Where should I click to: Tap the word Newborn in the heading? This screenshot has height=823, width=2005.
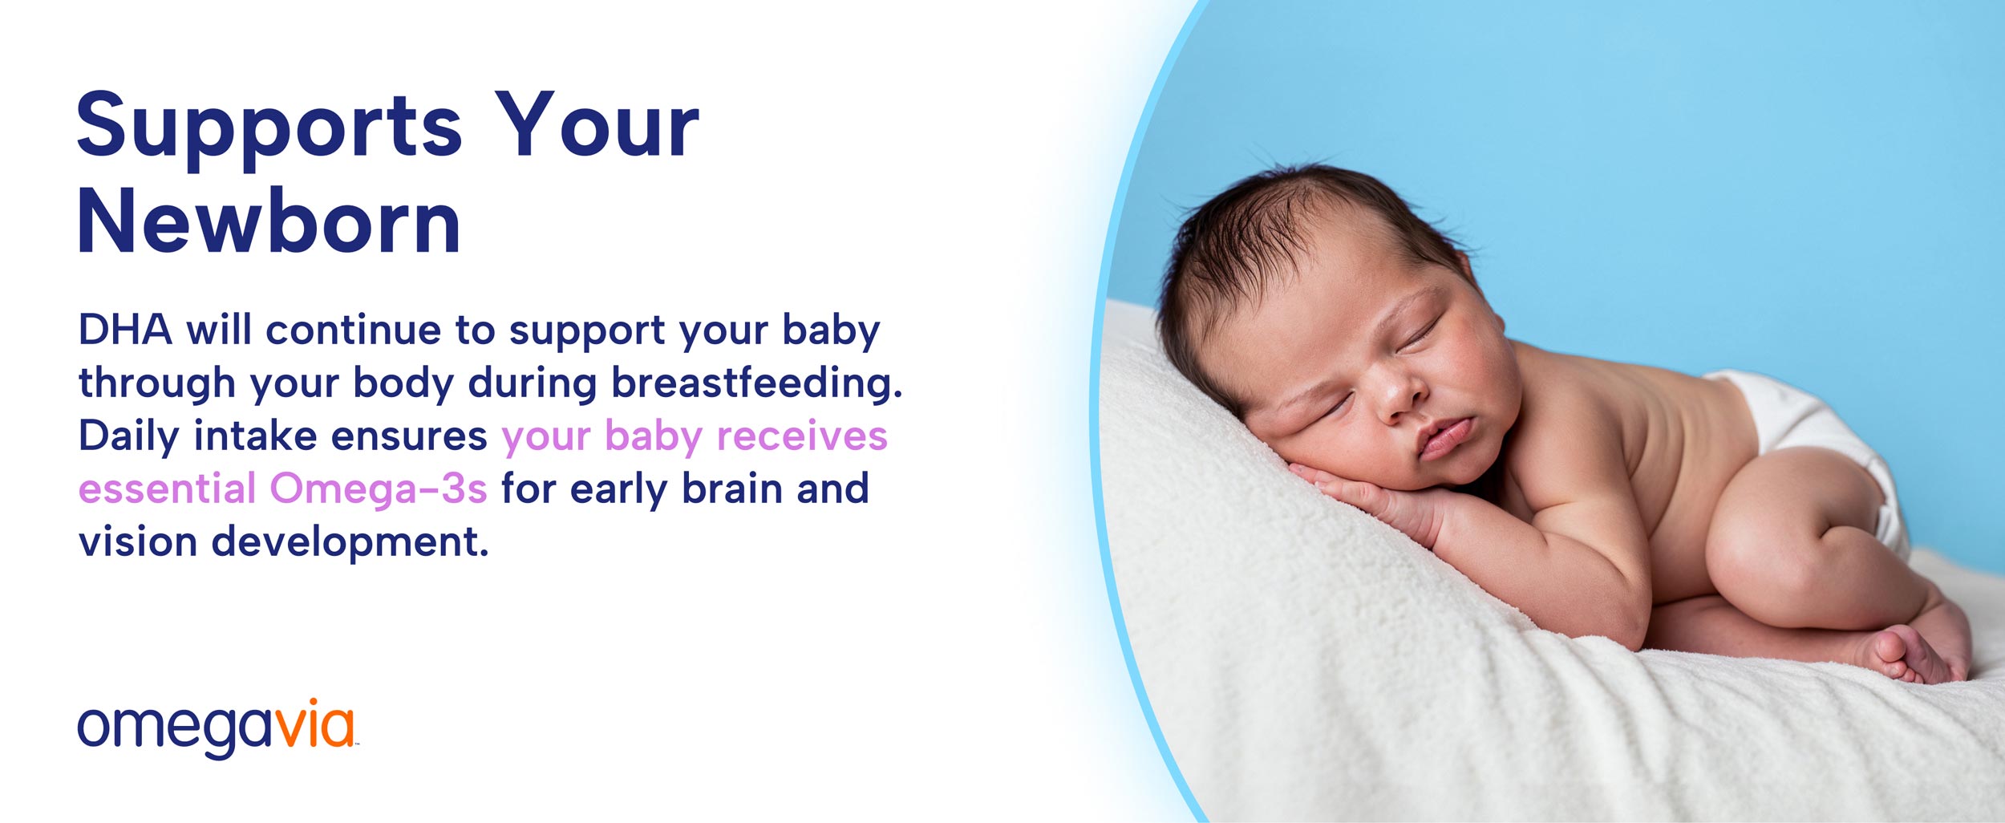click(x=269, y=220)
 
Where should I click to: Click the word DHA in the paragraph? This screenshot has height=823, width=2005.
click(x=125, y=329)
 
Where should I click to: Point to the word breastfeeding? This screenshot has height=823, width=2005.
click(x=757, y=382)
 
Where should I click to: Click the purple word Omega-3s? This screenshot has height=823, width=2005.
click(x=379, y=488)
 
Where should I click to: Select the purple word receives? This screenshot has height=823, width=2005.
click(x=802, y=436)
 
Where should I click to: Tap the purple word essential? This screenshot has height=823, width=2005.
click(x=167, y=488)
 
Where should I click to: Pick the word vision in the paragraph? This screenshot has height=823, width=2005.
click(x=138, y=541)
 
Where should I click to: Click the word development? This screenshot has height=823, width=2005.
click(x=350, y=542)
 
